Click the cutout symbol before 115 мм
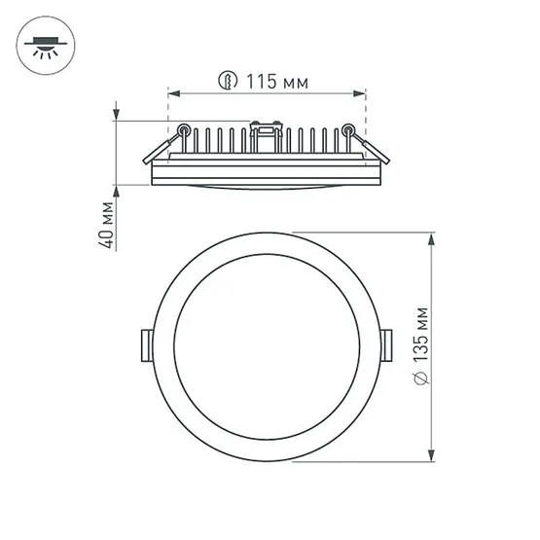pyautogui.click(x=226, y=82)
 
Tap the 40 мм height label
pyautogui.click(x=108, y=225)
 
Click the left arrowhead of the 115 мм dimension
pyautogui.click(x=171, y=93)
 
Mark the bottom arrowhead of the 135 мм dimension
pyautogui.click(x=431, y=450)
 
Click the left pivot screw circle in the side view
pyautogui.click(x=183, y=128)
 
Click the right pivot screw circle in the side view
pyautogui.click(x=348, y=128)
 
